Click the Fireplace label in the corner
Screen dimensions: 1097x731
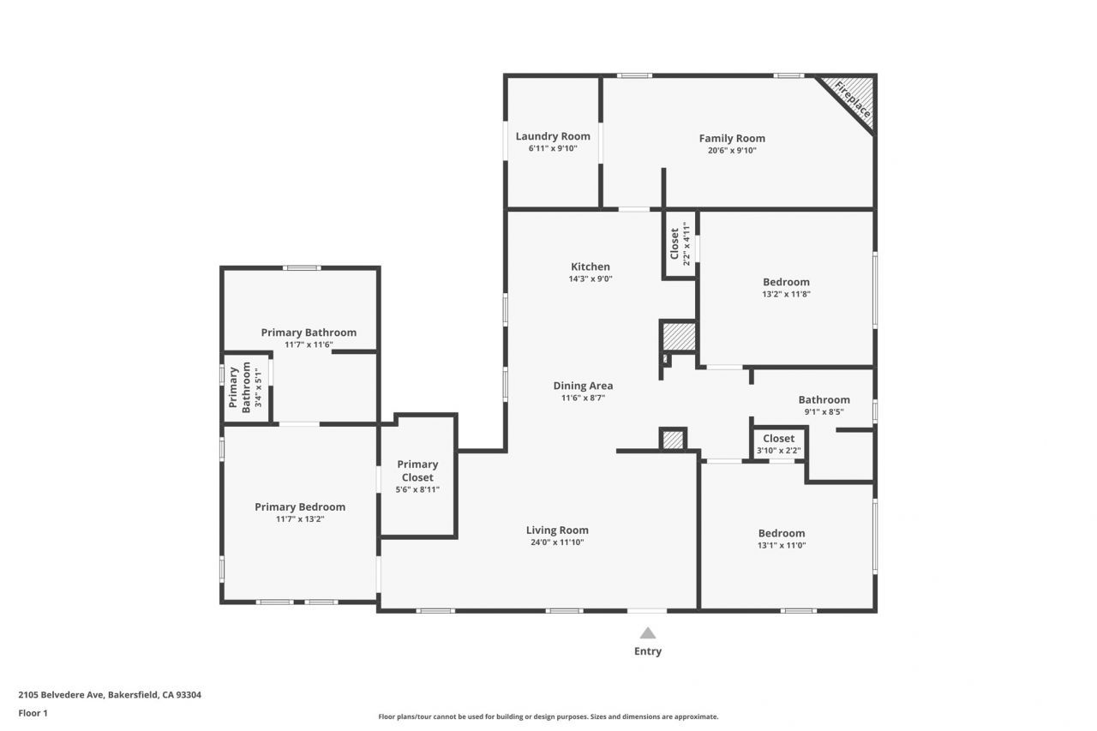(853, 100)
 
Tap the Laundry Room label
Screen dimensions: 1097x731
(553, 136)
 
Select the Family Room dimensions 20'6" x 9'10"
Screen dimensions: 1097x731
(732, 150)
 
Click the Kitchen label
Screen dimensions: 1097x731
(590, 267)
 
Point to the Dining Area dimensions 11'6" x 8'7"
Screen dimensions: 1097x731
(584, 398)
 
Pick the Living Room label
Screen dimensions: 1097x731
(557, 530)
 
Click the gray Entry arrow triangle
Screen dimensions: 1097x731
(648, 633)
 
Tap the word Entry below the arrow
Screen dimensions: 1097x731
(648, 651)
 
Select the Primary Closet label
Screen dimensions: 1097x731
(417, 470)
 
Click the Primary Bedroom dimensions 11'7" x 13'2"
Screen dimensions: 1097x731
(300, 519)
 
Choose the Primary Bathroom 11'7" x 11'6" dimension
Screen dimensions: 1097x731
(309, 345)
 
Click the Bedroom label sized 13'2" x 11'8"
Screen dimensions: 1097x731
(787, 282)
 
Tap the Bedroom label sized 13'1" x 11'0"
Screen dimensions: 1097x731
(782, 533)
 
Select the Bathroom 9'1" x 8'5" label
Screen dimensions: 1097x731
(824, 400)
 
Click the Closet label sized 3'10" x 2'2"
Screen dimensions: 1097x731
(779, 439)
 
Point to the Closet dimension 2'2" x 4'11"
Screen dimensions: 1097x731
(686, 244)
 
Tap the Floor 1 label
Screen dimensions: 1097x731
(33, 713)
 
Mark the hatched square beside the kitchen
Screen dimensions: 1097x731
(680, 337)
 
